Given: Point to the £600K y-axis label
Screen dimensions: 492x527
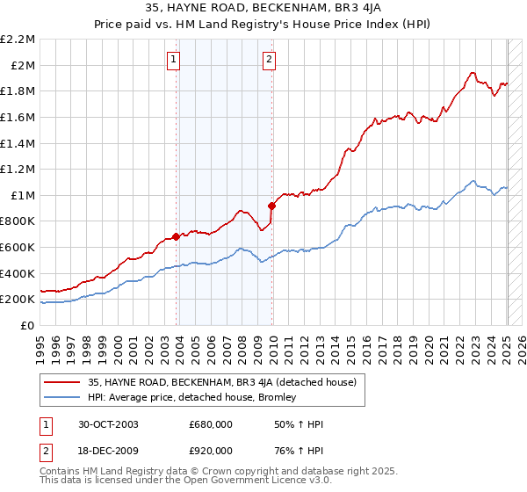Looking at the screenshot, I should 18,248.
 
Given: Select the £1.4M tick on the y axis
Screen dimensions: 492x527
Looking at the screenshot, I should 18,143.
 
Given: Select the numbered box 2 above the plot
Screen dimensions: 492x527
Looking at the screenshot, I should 268,60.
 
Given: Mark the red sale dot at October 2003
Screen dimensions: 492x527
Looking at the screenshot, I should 177,236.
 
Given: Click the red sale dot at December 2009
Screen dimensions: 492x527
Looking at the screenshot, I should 272,206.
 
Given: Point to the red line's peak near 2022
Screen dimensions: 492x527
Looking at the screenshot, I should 473,73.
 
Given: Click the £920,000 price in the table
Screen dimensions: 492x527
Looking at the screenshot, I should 211,450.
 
